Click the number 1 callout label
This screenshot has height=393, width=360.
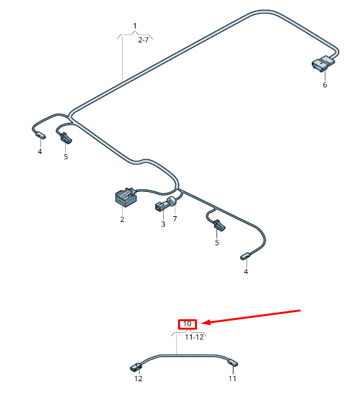[x=135, y=26]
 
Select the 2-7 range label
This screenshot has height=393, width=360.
[x=143, y=40]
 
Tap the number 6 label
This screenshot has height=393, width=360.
[x=325, y=85]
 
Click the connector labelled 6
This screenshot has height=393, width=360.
[x=323, y=63]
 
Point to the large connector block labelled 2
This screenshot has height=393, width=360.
[x=126, y=197]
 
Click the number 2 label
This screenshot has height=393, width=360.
[x=122, y=219]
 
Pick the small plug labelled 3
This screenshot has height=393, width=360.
[x=160, y=206]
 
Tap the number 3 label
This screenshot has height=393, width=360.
[x=163, y=224]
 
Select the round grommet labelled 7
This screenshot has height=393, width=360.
[x=172, y=201]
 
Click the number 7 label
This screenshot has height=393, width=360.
[x=175, y=219]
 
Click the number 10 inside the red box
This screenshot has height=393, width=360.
[x=187, y=324]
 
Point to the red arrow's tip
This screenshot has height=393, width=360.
[x=202, y=323]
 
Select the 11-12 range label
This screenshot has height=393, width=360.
[x=194, y=337]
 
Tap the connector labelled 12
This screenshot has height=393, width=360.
[x=136, y=367]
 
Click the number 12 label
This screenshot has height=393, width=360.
[x=138, y=379]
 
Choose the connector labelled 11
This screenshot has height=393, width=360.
[x=233, y=363]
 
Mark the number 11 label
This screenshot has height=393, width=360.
[x=232, y=379]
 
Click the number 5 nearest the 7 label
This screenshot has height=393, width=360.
[x=217, y=243]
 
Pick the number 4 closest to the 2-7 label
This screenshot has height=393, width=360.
[x=40, y=151]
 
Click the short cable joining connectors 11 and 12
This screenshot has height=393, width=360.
[x=185, y=355]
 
